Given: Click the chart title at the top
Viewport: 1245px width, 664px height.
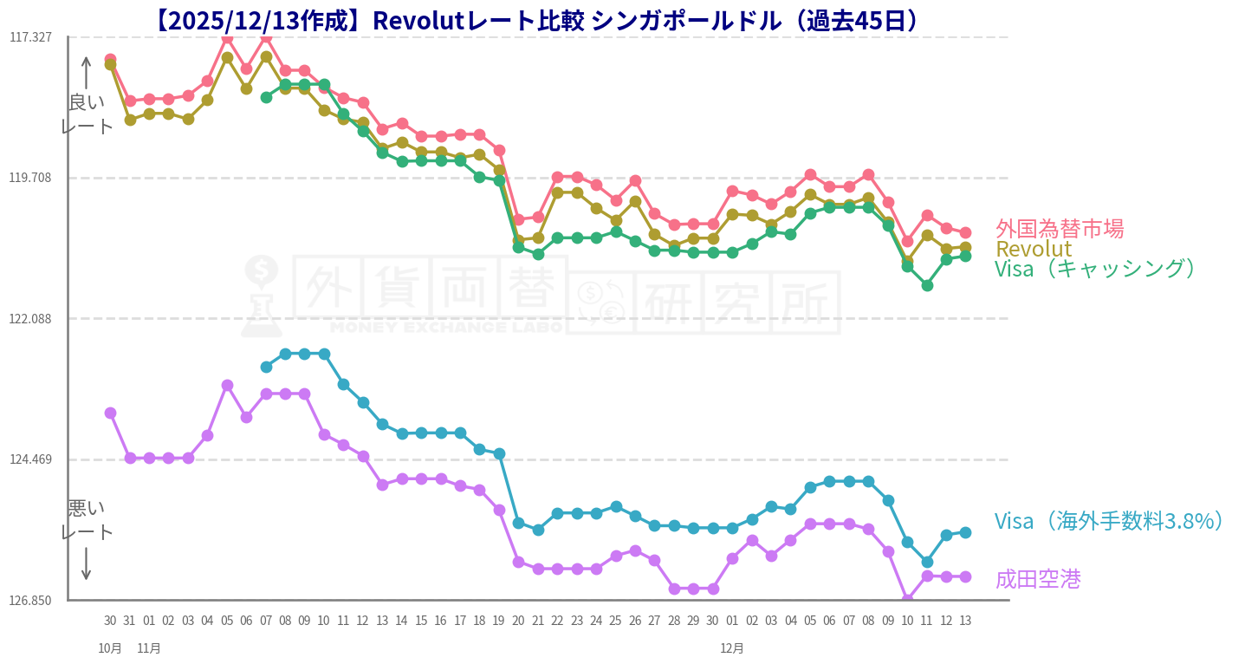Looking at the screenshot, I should click(537, 20).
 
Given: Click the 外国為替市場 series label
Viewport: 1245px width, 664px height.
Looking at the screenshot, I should click(1059, 229).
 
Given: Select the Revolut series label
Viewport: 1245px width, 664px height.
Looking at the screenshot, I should click(1033, 249).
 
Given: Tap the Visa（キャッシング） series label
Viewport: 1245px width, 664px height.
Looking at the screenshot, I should click(1097, 269).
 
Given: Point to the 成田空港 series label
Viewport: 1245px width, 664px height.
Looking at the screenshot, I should click(1037, 579).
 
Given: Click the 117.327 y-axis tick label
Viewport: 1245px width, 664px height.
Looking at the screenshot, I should click(30, 37).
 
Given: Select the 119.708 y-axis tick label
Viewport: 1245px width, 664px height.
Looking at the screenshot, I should click(30, 178).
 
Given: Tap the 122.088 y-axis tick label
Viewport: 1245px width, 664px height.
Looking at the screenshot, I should click(30, 318).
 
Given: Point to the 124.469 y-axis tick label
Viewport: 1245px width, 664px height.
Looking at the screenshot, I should click(30, 459).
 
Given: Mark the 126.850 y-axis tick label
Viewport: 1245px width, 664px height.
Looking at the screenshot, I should click(30, 600).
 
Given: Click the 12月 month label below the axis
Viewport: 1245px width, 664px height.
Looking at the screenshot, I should click(732, 648).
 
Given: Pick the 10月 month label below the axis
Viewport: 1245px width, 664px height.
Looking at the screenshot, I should click(110, 648).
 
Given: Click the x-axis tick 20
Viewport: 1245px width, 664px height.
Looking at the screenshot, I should click(518, 621).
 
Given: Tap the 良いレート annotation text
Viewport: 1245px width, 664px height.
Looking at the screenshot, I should click(87, 114).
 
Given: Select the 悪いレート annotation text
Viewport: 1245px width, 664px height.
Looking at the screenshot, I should click(87, 519).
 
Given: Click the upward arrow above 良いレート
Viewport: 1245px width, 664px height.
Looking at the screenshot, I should click(87, 74).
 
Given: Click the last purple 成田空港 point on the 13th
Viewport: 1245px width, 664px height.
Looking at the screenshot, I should click(965, 576).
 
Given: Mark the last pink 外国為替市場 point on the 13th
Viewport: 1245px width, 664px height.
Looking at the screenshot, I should click(965, 232).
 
